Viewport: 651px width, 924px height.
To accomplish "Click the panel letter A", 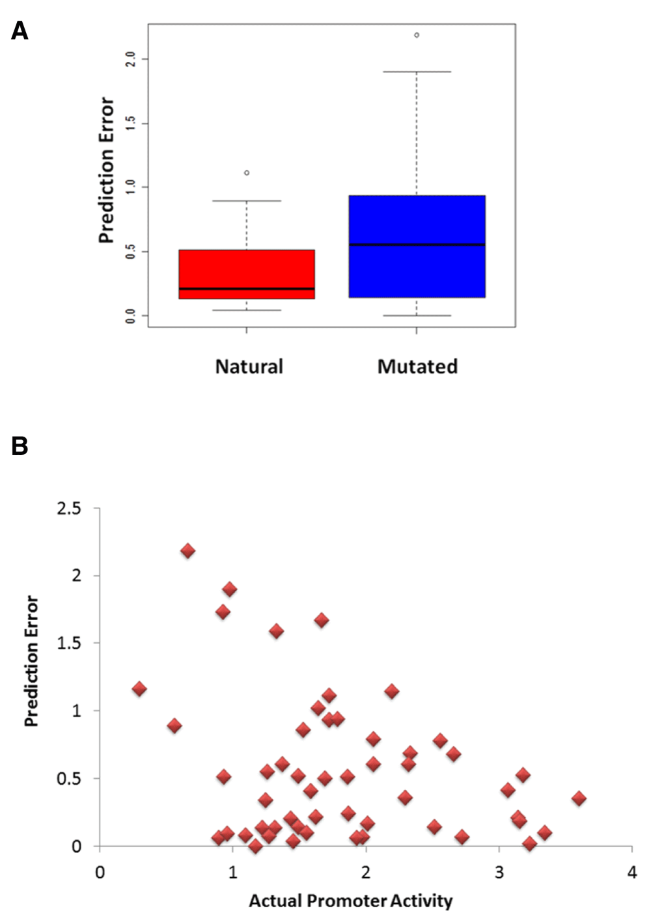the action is [20, 31].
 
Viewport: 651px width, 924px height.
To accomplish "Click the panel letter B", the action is [20, 446].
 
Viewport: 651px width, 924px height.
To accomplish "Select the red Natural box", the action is [247, 275].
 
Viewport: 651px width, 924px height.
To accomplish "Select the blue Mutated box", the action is [417, 246].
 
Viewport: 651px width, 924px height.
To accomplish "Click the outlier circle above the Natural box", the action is [247, 173].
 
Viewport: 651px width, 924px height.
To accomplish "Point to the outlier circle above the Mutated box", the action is [417, 35].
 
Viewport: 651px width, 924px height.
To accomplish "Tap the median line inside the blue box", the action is [417, 245].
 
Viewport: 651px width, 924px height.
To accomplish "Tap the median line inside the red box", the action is [247, 289].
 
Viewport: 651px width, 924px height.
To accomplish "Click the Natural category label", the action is [249, 366].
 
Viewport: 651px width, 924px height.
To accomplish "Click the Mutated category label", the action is [418, 366].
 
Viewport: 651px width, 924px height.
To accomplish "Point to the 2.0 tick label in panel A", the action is [130, 59].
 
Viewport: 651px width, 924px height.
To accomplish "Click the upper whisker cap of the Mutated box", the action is [417, 72].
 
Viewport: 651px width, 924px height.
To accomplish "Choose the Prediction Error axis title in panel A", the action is [107, 170].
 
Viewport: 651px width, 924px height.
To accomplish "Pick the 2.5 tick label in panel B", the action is [69, 509].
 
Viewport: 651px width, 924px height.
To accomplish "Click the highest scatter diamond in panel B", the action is [188, 550].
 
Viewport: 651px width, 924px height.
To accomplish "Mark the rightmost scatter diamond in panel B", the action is [579, 798].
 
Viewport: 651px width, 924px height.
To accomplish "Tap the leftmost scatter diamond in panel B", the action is [139, 688].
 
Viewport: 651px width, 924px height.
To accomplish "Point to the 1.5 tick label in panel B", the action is [69, 643].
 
